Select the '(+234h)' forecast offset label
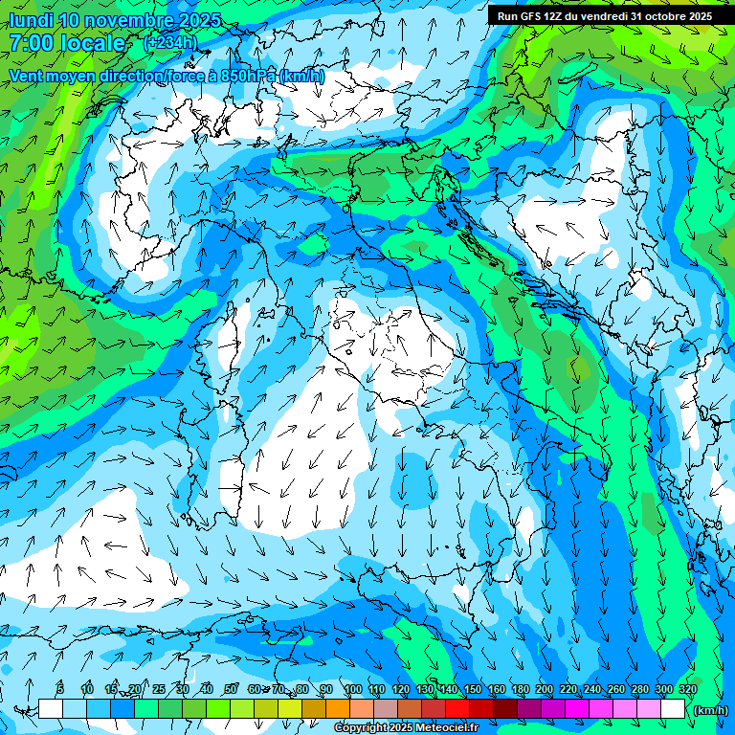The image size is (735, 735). (169, 43)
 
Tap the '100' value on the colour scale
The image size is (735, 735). (353, 689)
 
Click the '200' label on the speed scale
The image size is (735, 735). (545, 689)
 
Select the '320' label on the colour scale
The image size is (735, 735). (686, 689)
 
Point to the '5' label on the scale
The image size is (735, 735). (60, 689)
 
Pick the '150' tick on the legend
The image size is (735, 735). (473, 689)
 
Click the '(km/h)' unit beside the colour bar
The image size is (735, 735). (709, 710)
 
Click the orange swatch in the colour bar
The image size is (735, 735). (338, 709)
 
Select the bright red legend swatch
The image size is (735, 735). (457, 709)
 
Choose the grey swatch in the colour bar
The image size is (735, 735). (386, 709)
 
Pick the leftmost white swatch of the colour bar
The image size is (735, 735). (51, 709)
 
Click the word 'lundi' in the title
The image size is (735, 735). (29, 20)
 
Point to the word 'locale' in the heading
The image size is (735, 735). (95, 43)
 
